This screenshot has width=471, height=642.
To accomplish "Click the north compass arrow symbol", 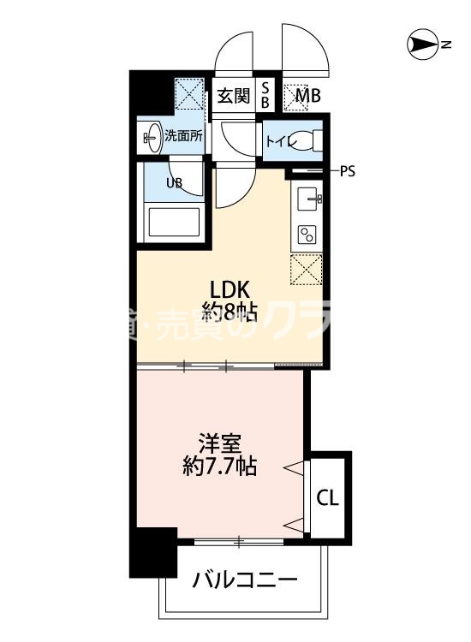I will [x=422, y=44].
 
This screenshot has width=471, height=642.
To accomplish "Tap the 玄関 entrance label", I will [x=232, y=95].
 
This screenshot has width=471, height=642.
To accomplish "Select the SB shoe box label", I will [x=265, y=95].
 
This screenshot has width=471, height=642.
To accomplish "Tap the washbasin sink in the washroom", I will [x=152, y=135].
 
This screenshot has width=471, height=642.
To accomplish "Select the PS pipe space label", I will [x=347, y=170].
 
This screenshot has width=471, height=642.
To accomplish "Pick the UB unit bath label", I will [x=174, y=182].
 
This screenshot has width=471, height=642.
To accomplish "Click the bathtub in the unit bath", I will [x=174, y=223].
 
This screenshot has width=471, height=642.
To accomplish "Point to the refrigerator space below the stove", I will [x=308, y=270].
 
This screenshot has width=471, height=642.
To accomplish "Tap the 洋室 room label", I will [x=219, y=444].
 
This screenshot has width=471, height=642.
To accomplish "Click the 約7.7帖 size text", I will [x=219, y=467].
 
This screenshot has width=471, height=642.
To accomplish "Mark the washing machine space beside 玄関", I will [x=188, y=94].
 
